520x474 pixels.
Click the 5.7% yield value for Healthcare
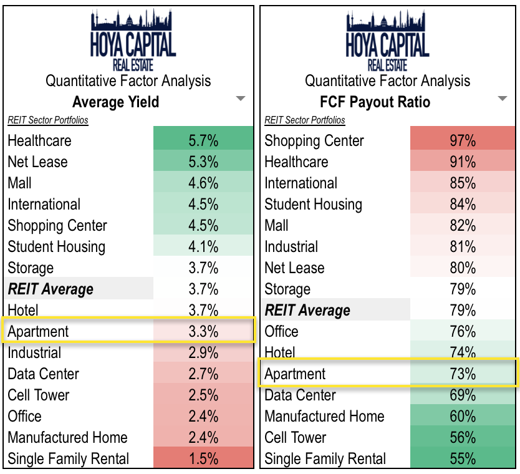pos(203,140)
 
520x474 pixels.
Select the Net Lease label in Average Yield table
pos(37,162)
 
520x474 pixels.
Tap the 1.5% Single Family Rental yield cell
pos(203,458)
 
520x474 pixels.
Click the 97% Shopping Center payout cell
pos(462,140)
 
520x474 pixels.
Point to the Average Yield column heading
pos(115,102)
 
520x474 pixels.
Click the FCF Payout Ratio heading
pos(375,102)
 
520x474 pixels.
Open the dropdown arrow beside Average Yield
pos(240,99)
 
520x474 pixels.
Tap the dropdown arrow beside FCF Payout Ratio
pos(503,99)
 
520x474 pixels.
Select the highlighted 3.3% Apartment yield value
pos(203,331)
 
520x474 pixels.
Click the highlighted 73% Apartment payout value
pos(462,374)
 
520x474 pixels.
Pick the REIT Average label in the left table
pos(51,289)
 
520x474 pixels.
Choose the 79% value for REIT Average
pos(462,310)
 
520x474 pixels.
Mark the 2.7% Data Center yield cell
pos(203,374)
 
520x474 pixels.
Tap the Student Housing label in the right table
pos(313,204)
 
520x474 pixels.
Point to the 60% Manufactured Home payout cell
pos(462,416)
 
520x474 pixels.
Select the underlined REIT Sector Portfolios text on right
pos(305,120)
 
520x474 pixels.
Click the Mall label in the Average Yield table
pos(20,183)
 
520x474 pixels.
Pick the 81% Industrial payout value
pos(462,246)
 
